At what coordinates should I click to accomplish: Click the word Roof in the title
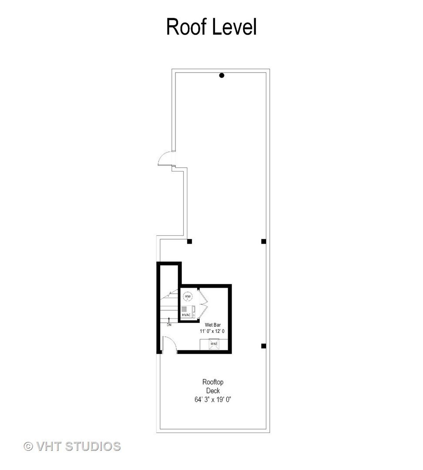pyautogui.click(x=187, y=27)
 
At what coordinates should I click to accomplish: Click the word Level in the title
pyautogui.click(x=235, y=27)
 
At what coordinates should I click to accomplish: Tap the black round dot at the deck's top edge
pyautogui.click(x=222, y=75)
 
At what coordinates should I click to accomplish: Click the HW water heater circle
pyautogui.click(x=188, y=297)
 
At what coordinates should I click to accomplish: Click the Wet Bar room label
pyautogui.click(x=213, y=325)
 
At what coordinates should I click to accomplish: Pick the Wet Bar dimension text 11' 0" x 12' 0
pyautogui.click(x=213, y=332)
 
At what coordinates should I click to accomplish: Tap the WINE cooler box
pyautogui.click(x=214, y=344)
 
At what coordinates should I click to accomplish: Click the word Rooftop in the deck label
pyautogui.click(x=213, y=382)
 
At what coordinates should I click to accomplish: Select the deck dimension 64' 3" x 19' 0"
pyautogui.click(x=213, y=399)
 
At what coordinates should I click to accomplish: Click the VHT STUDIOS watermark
pyautogui.click(x=78, y=446)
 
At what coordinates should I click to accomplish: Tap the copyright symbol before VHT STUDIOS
pyautogui.click(x=28, y=446)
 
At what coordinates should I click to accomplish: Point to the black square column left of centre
pyautogui.click(x=189, y=241)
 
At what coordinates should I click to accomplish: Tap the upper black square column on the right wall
pyautogui.click(x=263, y=241)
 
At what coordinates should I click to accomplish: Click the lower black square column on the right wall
pyautogui.click(x=263, y=346)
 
